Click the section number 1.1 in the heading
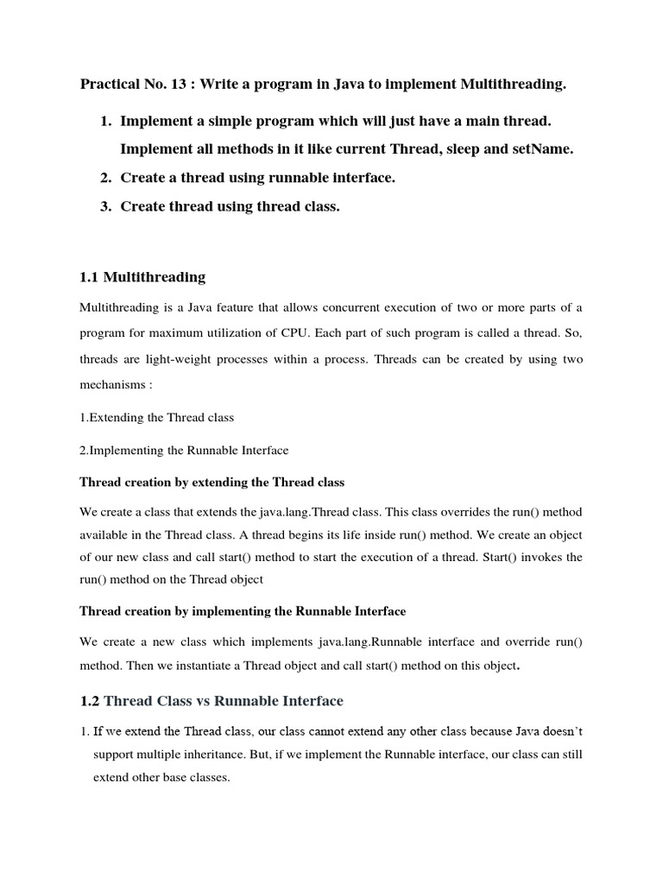tap(90, 277)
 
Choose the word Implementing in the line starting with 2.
tap(123, 450)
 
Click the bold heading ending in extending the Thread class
tap(212, 481)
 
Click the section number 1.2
tap(90, 701)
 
